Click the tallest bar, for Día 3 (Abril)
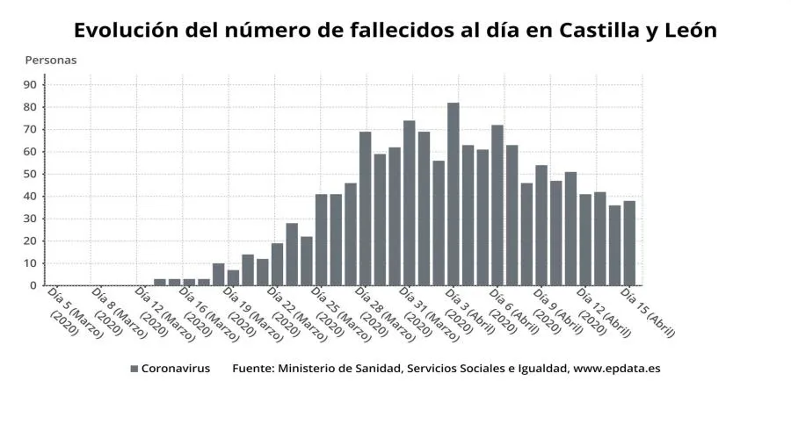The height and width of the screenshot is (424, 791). [x=453, y=194]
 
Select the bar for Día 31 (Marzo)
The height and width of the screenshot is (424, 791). [x=409, y=203]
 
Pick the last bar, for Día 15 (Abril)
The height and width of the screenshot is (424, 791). [x=628, y=243]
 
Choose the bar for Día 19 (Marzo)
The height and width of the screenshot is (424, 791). [x=233, y=277]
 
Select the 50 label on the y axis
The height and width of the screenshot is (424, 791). [x=30, y=175]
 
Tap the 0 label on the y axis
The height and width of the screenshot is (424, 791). [x=33, y=285]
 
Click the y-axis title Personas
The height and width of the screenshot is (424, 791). [x=50, y=61]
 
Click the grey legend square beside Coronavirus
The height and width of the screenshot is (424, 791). [x=134, y=369]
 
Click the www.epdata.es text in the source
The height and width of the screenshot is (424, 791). [x=616, y=369]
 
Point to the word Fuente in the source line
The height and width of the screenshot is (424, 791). [x=251, y=369]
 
